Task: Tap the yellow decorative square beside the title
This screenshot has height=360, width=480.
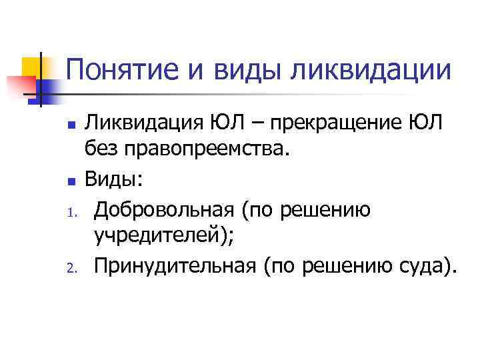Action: pyautogui.click(x=33, y=67)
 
